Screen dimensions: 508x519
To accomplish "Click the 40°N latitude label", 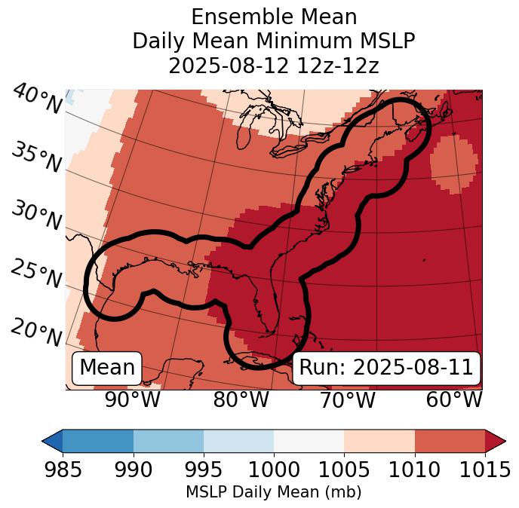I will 36,100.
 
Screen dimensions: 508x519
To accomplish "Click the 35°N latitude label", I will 35,158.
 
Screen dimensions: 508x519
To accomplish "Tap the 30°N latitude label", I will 35,216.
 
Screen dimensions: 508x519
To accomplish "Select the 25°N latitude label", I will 35,274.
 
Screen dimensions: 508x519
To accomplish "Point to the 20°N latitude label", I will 35,332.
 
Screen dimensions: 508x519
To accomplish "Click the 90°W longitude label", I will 132,400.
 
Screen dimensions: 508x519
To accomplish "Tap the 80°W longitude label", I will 241,400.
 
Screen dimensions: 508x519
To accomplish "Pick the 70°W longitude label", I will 347,400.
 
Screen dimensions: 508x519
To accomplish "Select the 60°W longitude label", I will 453,400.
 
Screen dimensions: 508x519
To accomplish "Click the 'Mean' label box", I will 107,368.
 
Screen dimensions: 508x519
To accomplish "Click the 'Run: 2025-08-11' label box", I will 386,368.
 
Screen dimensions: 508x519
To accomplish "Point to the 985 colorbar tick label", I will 63,470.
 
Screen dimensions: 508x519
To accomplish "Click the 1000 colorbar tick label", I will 274,470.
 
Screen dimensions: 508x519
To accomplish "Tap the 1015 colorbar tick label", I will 485,470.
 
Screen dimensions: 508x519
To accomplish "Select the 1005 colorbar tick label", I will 344,470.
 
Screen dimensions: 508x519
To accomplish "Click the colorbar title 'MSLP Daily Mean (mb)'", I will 273,492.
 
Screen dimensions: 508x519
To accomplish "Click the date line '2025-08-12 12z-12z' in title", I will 273,66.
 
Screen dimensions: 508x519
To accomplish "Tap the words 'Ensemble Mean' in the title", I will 273,17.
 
